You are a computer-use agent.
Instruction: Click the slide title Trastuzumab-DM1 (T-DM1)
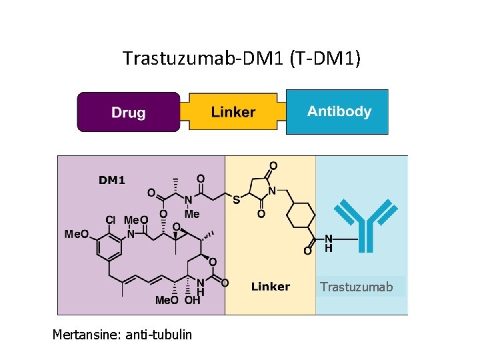pyautogui.click(x=241, y=59)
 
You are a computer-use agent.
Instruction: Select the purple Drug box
pyautogui.click(x=129, y=112)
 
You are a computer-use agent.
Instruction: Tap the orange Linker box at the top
pyautogui.click(x=233, y=112)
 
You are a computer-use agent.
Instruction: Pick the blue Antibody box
pyautogui.click(x=339, y=111)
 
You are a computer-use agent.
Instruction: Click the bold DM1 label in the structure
pyautogui.click(x=112, y=179)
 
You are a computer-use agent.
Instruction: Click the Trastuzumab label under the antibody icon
pyautogui.click(x=357, y=287)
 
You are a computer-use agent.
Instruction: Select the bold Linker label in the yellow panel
pyautogui.click(x=270, y=287)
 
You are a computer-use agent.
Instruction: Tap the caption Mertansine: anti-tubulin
pyautogui.click(x=122, y=334)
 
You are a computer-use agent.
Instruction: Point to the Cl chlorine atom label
pyautogui.click(x=110, y=219)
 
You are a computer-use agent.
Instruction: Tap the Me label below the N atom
pyautogui.click(x=192, y=214)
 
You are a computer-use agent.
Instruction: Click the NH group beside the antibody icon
pyautogui.click(x=328, y=243)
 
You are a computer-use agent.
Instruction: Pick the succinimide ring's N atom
pyautogui.click(x=271, y=191)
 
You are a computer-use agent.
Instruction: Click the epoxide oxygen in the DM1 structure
pyautogui.click(x=176, y=227)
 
